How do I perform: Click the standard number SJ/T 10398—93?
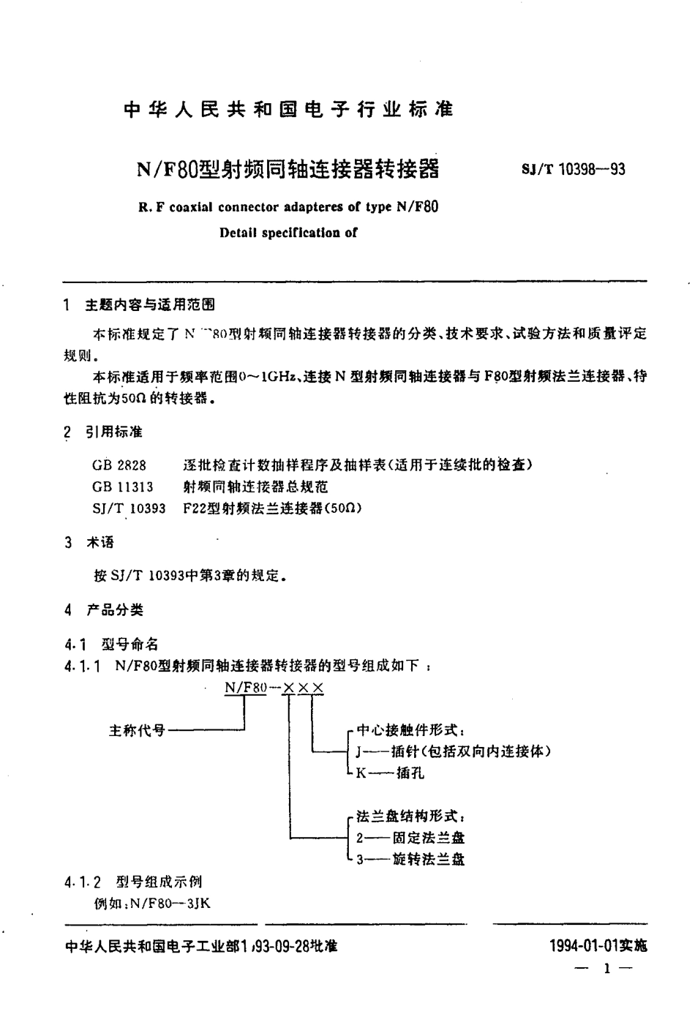(573, 170)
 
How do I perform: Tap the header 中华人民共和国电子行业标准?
(289, 110)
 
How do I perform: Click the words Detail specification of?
(288, 233)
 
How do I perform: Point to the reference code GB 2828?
(119, 465)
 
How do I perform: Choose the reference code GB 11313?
(123, 486)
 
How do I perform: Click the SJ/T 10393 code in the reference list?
(129, 508)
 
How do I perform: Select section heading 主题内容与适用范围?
(150, 305)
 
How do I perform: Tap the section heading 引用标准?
(113, 432)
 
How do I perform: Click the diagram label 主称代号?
(137, 730)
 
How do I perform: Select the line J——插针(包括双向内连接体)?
(452, 751)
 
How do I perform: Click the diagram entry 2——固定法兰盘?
(410, 838)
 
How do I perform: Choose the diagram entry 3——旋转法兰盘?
(410, 860)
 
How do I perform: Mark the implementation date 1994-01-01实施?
(598, 946)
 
